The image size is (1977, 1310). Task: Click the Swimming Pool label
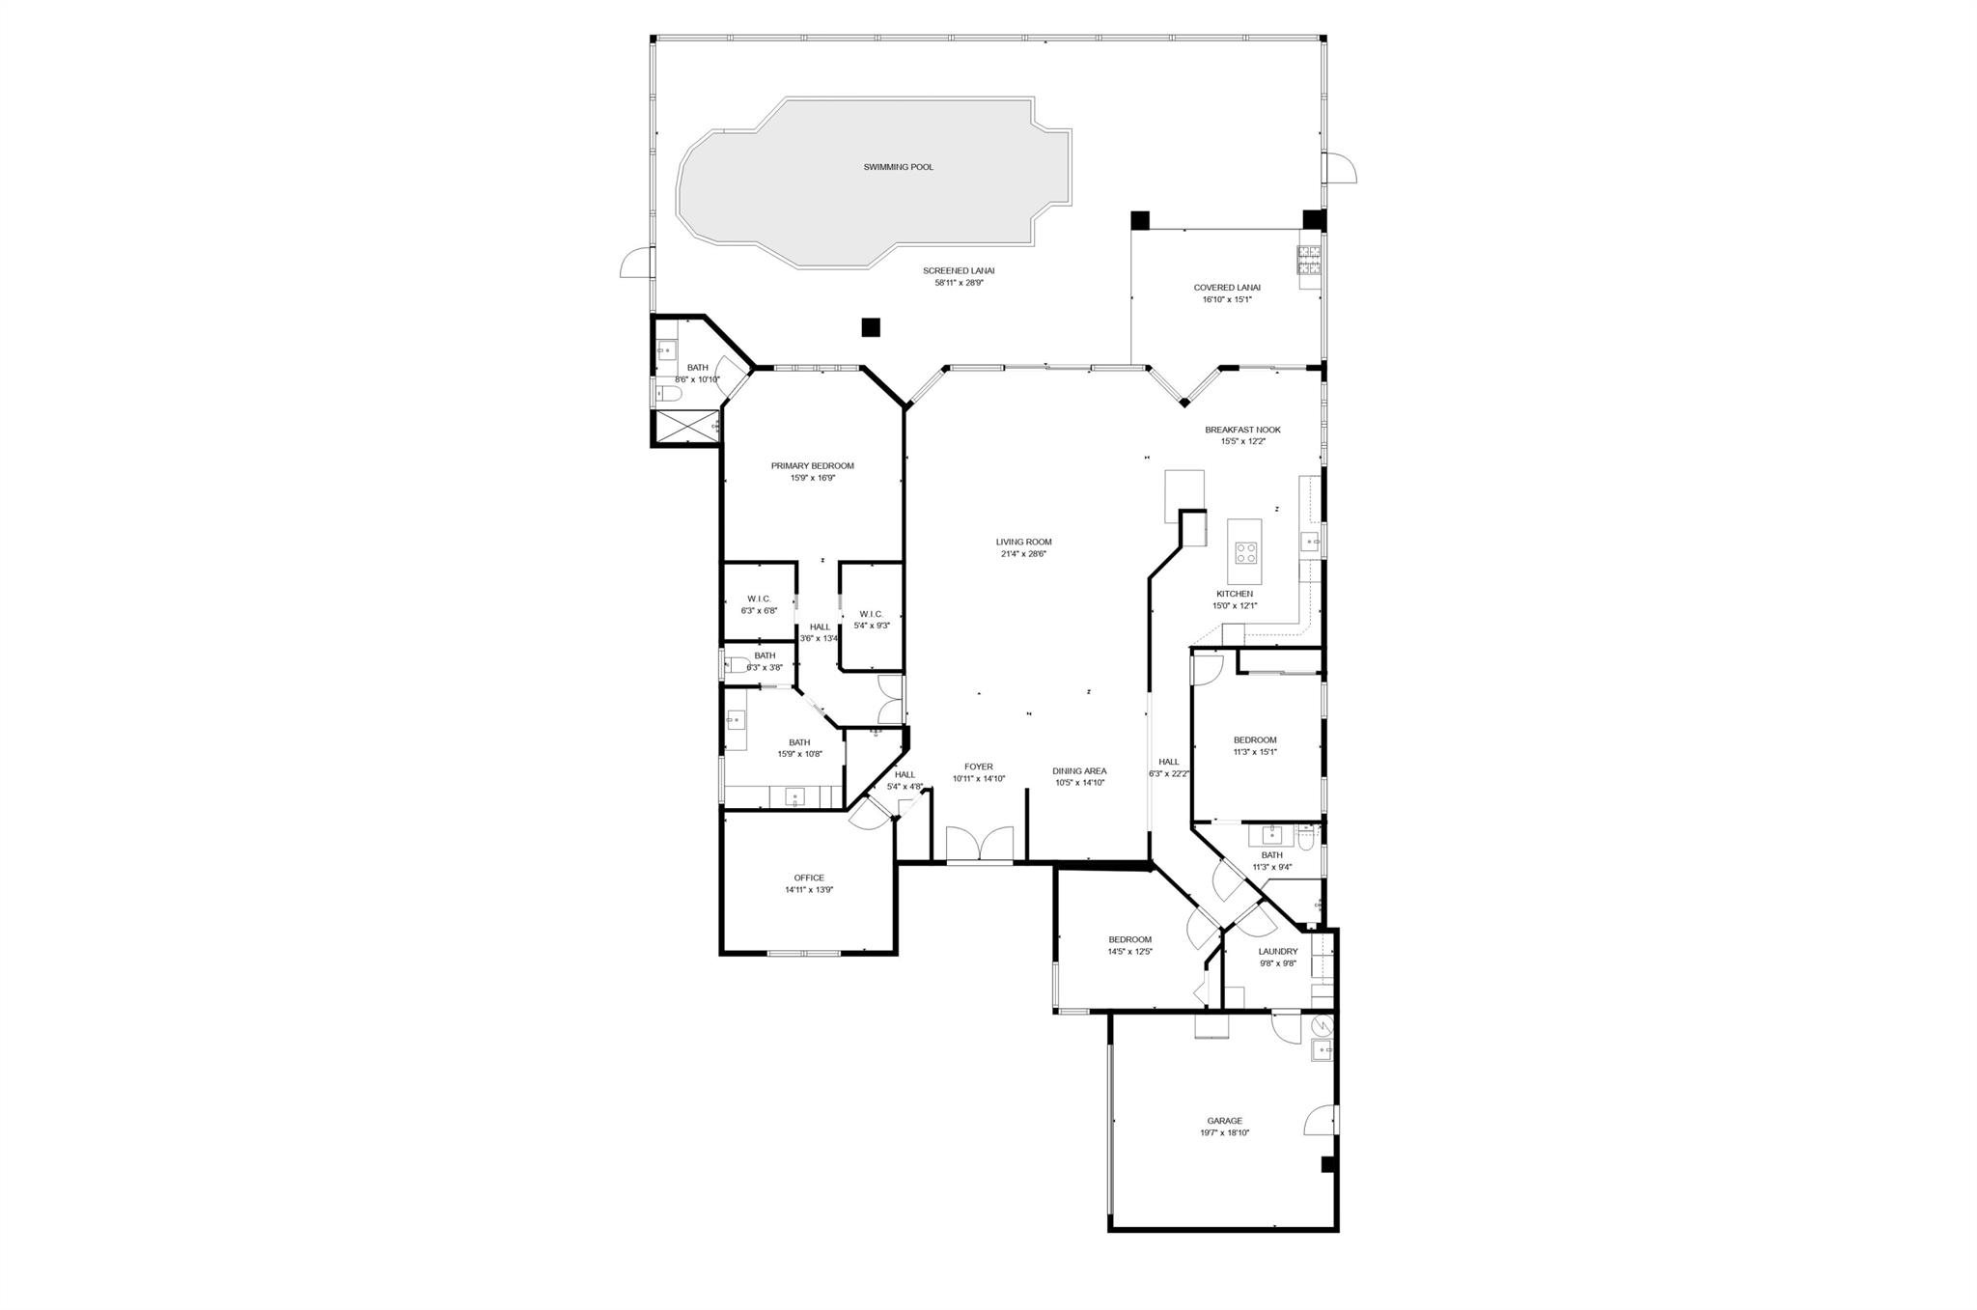click(x=898, y=167)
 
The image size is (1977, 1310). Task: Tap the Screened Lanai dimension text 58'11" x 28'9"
click(x=958, y=283)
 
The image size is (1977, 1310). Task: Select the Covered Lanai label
click(x=1226, y=288)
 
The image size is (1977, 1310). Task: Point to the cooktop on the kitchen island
click(x=1245, y=553)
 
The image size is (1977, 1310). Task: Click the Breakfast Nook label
click(x=1242, y=430)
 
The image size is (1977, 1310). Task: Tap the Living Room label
click(x=1023, y=543)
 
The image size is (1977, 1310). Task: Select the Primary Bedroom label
click(x=812, y=466)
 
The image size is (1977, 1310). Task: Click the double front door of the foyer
click(x=979, y=844)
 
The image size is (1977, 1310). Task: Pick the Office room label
click(x=809, y=878)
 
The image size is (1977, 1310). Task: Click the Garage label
click(x=1224, y=1121)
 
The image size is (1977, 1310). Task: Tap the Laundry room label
click(x=1277, y=951)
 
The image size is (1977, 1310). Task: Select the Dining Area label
click(x=1079, y=771)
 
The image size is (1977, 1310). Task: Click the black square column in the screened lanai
click(x=871, y=327)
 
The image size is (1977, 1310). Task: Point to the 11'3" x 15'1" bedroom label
click(x=1254, y=740)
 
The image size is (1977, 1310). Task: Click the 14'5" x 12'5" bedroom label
click(x=1129, y=939)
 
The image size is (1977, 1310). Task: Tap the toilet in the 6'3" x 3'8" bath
click(x=737, y=665)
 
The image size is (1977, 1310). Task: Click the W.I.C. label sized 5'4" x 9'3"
click(x=871, y=614)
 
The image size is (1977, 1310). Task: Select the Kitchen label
click(x=1234, y=594)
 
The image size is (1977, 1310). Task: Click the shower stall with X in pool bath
click(x=685, y=426)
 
